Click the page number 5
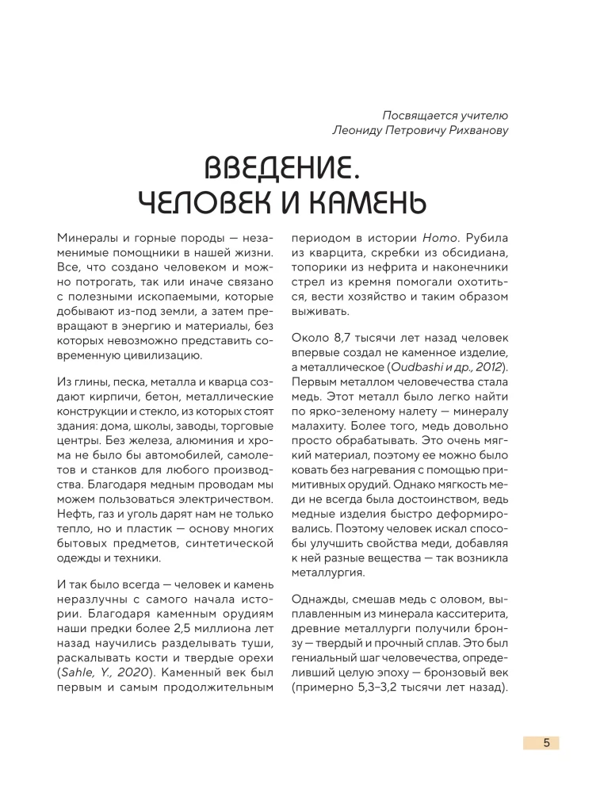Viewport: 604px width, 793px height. pyautogui.click(x=546, y=743)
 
